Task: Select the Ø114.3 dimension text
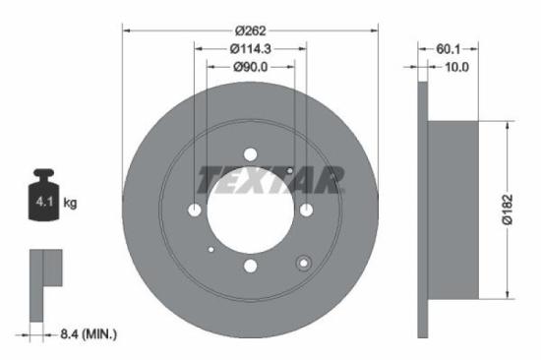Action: coord(251,48)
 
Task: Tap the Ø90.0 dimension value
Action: coord(251,67)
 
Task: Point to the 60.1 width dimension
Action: coord(449,48)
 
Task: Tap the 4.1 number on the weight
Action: coord(42,202)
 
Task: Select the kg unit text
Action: coord(70,203)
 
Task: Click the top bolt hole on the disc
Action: coord(250,153)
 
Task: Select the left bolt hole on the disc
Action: coord(195,210)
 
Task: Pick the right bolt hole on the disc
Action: coord(306,210)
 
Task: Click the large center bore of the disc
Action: coord(250,210)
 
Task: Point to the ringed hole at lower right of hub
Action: coord(303,262)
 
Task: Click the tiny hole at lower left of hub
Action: coord(211,250)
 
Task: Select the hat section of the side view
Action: coord(452,210)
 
